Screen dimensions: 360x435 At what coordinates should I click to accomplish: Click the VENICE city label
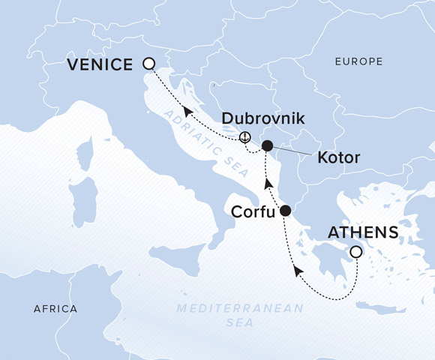(100, 64)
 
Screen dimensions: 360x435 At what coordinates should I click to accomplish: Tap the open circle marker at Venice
(148, 64)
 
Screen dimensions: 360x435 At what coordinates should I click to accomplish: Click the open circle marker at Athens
(356, 253)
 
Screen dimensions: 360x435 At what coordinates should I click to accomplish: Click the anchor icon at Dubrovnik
(244, 137)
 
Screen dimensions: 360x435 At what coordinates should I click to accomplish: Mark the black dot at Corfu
(285, 211)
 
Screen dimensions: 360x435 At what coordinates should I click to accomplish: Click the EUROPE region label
(359, 61)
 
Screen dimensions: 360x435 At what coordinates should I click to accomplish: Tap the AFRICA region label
(55, 309)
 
